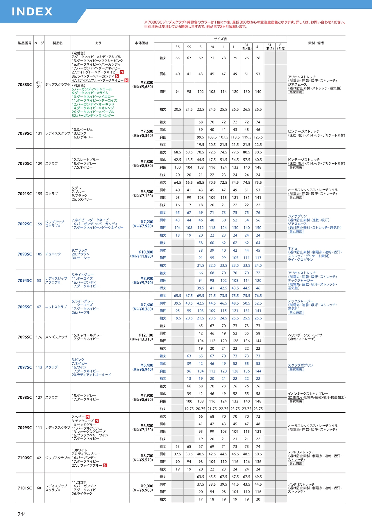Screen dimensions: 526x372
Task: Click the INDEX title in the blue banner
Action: [x=32, y=11]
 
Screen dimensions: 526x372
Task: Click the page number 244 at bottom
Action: [x=22, y=514]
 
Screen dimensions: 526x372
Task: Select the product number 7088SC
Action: [x=25, y=85]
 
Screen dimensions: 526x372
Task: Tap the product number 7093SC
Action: [x=25, y=254]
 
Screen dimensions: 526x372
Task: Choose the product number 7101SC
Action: [x=25, y=488]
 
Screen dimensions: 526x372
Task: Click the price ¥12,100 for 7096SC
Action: [x=146, y=335]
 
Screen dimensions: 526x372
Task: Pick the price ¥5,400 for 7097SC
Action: [x=147, y=365]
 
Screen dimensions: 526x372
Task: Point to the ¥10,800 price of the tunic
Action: [x=146, y=252]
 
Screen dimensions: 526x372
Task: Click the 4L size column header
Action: [x=258, y=47]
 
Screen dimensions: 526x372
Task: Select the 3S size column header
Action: [x=177, y=47]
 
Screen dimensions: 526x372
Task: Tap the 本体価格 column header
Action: [x=142, y=43]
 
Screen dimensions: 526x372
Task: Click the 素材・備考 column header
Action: [x=316, y=43]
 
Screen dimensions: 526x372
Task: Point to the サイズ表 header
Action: [x=220, y=39]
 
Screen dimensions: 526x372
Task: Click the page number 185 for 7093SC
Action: [x=39, y=254]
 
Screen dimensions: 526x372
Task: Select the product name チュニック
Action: [x=53, y=254]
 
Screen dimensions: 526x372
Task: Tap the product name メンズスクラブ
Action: [x=56, y=337]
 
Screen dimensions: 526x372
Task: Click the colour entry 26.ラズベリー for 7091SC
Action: [x=82, y=199]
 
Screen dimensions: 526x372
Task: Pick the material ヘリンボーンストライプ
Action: [x=305, y=335]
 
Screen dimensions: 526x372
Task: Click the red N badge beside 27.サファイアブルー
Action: [x=105, y=465]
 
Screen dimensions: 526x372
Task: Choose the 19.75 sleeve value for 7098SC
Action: [x=189, y=409]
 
